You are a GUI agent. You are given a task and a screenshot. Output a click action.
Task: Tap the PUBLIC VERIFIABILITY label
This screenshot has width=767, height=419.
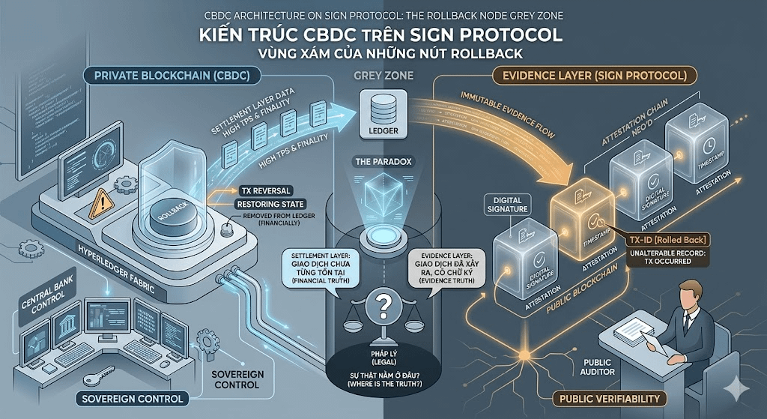609,398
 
